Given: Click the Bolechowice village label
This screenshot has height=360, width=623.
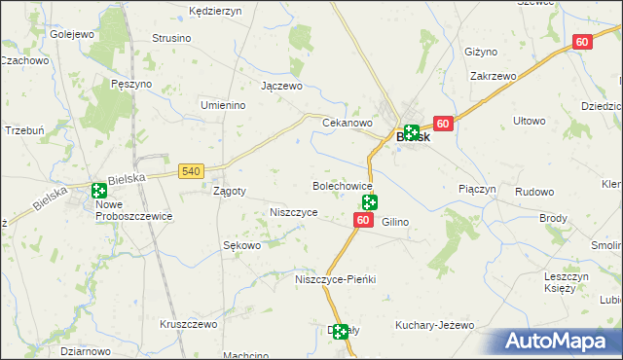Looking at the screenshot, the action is [342, 185].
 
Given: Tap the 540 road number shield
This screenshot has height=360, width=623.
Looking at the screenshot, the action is [191, 171].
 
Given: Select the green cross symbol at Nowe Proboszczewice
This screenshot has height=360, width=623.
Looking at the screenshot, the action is [99, 191].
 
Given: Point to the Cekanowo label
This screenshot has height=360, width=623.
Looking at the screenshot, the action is [348, 124].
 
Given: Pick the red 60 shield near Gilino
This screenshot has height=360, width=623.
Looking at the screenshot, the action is [362, 222].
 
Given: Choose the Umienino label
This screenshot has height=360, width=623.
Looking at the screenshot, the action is [221, 105].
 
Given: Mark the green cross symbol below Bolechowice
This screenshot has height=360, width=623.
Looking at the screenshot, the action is [370, 202].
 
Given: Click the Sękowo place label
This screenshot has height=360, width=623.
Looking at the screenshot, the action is [242, 246].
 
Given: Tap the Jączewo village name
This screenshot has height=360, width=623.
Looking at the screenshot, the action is [281, 86].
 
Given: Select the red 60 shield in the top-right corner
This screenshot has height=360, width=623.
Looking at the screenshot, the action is [582, 42].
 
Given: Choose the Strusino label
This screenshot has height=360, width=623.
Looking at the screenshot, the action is [171, 39].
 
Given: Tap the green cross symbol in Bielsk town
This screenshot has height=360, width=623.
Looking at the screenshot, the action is [412, 132].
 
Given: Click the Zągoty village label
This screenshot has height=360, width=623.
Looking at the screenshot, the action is [229, 192].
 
